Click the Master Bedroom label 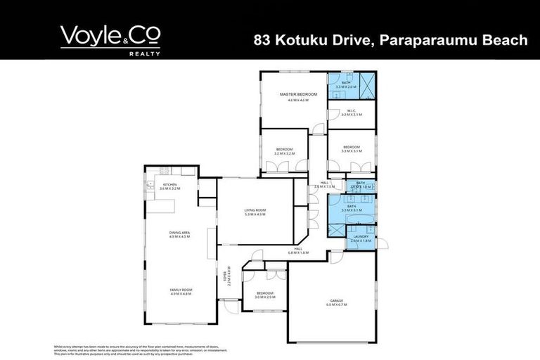297,94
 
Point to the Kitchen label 169,185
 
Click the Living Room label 255,210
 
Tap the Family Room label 181,290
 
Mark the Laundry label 360,236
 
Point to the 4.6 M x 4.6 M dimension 297,100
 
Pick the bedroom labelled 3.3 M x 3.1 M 351,148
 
